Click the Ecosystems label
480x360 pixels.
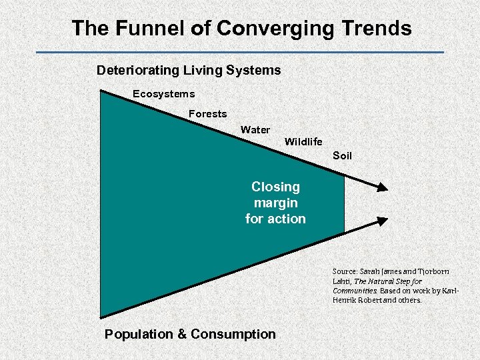[x=163, y=94]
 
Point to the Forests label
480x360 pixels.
[x=207, y=114]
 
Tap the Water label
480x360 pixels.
[x=255, y=130]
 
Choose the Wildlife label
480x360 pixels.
[x=303, y=141]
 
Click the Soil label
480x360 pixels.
[x=342, y=156]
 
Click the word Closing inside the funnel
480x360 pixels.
[x=275, y=187]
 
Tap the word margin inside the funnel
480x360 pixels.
[x=275, y=203]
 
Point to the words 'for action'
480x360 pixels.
[x=275, y=219]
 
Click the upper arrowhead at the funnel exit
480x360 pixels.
[x=381, y=187]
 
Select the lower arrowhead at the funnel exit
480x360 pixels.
[x=381, y=220]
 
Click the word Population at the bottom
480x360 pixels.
[x=138, y=334]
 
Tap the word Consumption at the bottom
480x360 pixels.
[x=233, y=334]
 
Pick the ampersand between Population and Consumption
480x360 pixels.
[x=181, y=334]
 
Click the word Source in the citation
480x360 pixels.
[x=345, y=271]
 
